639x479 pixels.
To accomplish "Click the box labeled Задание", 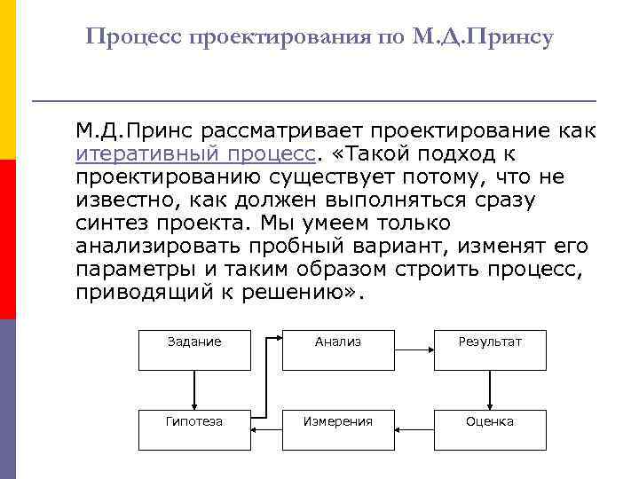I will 194,349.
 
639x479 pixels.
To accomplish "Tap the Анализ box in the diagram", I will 339,349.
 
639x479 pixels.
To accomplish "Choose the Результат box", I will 490,349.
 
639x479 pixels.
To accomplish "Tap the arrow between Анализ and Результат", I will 414,349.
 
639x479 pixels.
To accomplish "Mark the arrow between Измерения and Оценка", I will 414,429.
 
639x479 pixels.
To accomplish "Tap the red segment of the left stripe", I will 8,239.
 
